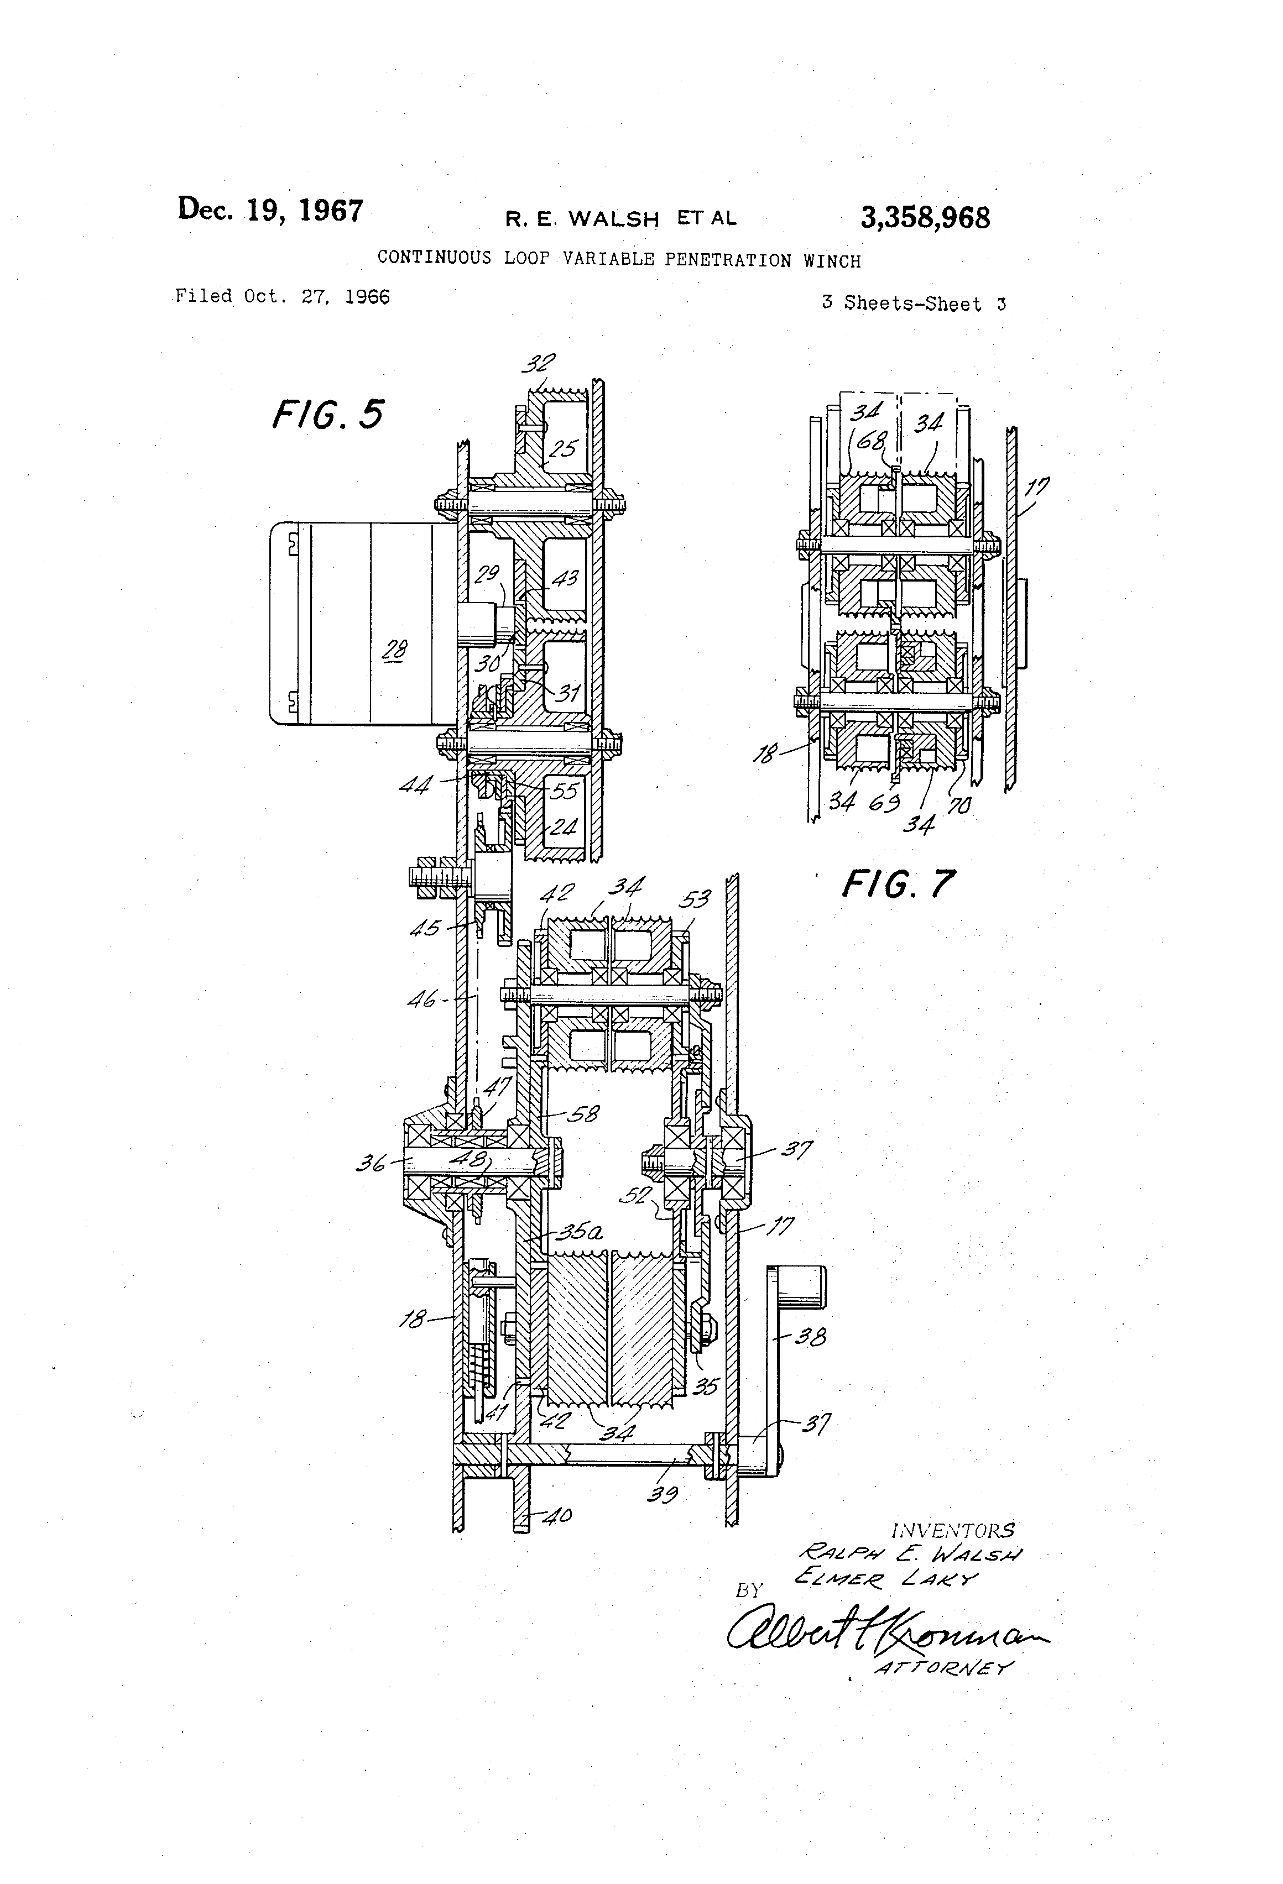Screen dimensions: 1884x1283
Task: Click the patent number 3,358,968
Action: [x=925, y=218]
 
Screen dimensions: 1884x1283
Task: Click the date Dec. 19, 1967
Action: [x=270, y=210]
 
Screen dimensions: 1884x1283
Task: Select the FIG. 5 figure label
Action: [x=327, y=414]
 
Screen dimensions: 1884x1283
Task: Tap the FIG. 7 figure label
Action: [x=898, y=883]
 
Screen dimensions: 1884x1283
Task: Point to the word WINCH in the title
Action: [x=832, y=261]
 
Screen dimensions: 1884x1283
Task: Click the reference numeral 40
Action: [x=556, y=1514]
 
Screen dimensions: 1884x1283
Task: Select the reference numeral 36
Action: [x=372, y=1165]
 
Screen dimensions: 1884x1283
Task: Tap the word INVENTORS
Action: [x=952, y=1531]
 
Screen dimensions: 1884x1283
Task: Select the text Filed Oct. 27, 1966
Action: [x=282, y=297]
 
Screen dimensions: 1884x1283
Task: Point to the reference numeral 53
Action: [x=694, y=898]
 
